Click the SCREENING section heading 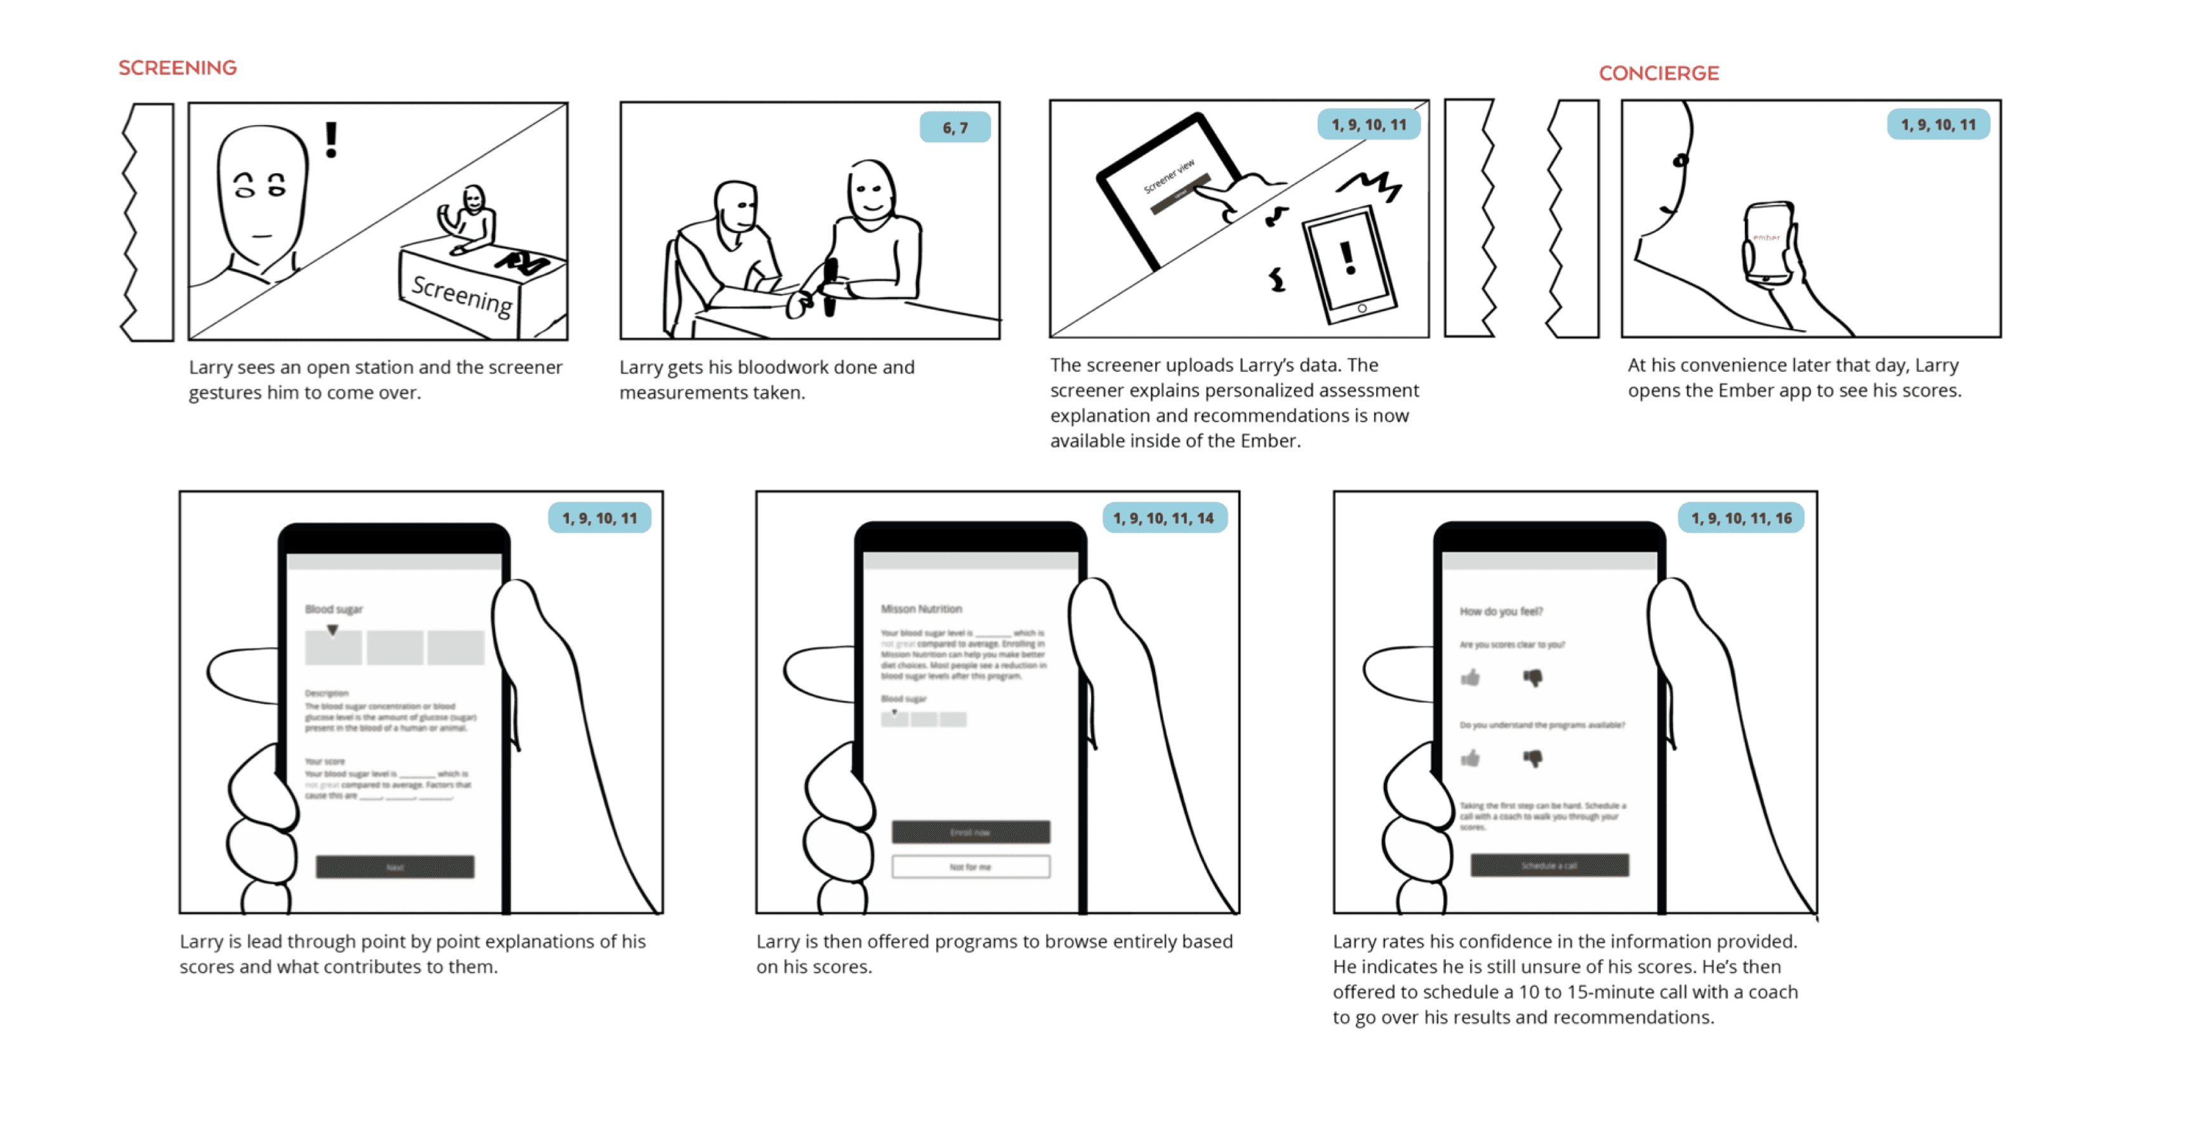click(x=177, y=68)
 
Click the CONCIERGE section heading click(x=1658, y=74)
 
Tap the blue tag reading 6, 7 click(x=955, y=128)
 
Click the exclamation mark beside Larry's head click(x=331, y=140)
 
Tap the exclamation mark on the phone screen click(x=1348, y=258)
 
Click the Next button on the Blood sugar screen click(x=395, y=867)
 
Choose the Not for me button click(x=970, y=867)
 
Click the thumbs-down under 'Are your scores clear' click(x=1533, y=677)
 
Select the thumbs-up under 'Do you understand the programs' click(x=1471, y=758)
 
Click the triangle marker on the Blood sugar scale click(x=333, y=630)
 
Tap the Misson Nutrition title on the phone click(x=921, y=609)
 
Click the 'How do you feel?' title click(x=1501, y=611)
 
